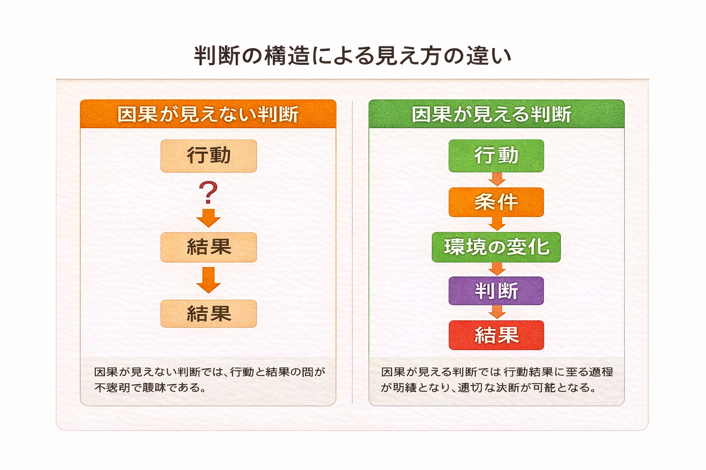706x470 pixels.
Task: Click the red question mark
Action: (x=208, y=193)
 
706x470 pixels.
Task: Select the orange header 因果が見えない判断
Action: (x=208, y=114)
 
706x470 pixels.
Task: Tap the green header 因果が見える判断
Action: (x=496, y=114)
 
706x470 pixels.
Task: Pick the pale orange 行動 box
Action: (x=209, y=156)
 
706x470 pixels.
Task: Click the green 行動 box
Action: (x=496, y=156)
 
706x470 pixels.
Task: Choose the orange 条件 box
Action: (x=496, y=202)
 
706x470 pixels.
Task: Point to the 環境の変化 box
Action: (x=496, y=247)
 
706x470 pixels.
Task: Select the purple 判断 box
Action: (x=496, y=291)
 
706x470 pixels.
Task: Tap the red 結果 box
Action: (x=496, y=335)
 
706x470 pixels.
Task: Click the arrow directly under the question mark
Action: (x=209, y=218)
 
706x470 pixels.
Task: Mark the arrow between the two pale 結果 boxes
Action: (x=209, y=280)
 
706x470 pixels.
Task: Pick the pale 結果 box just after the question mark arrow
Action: (x=209, y=247)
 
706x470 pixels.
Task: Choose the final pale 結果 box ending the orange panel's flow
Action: (x=209, y=314)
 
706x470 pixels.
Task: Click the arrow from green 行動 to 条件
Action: (x=496, y=179)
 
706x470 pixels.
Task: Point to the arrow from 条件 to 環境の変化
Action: (x=496, y=224)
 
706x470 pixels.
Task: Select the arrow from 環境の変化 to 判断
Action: (x=496, y=269)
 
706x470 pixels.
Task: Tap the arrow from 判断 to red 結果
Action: (x=496, y=312)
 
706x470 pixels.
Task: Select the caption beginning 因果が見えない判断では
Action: (x=209, y=380)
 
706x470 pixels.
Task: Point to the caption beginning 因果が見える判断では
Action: (x=496, y=380)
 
